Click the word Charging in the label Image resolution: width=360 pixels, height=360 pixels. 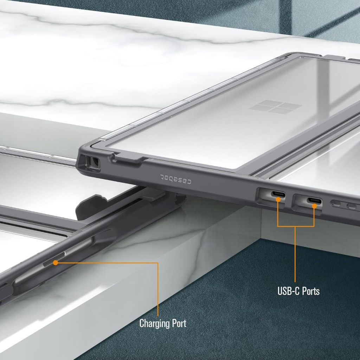tap(154, 324)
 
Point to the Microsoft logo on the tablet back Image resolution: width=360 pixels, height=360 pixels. tap(275, 107)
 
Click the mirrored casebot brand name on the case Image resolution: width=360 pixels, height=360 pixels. tap(176, 179)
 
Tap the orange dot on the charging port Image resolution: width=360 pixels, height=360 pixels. tap(55, 263)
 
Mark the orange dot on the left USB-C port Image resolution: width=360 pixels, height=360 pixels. tap(278, 199)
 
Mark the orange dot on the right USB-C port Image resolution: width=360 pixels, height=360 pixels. tap(314, 206)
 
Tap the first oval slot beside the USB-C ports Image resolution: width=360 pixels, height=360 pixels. tap(337, 204)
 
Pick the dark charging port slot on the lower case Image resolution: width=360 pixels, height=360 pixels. tap(54, 259)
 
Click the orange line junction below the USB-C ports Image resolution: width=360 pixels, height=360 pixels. tap(295, 227)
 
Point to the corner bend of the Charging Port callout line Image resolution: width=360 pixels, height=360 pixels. tap(158, 263)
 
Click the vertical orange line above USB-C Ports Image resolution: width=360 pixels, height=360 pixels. tap(295, 254)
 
